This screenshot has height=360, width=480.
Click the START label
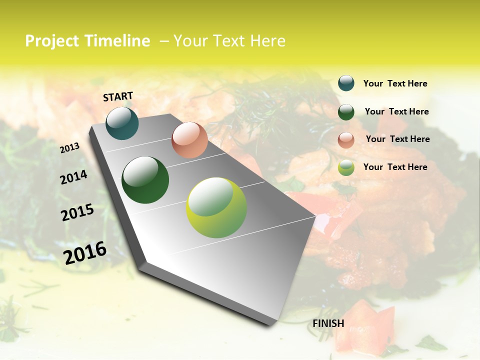point(118,96)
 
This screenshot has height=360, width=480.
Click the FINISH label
point(328,323)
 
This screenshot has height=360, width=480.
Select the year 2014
point(73,177)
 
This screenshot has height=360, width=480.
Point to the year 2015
point(77,212)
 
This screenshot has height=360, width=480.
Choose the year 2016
point(85,252)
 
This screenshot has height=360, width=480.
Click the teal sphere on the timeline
point(122,123)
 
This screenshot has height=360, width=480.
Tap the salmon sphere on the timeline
point(189,140)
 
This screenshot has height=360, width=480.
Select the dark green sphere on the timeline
point(145,180)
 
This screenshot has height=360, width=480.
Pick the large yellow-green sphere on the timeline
point(216,207)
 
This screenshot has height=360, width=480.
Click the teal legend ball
point(346,83)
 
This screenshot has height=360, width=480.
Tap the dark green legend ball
point(346,112)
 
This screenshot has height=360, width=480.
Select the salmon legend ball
point(346,139)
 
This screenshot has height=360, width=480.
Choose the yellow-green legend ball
point(346,167)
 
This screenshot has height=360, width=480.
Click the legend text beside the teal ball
point(395,83)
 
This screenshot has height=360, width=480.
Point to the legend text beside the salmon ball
point(397,139)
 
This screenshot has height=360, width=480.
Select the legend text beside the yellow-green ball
point(395,167)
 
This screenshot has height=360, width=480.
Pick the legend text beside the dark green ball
point(396,111)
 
